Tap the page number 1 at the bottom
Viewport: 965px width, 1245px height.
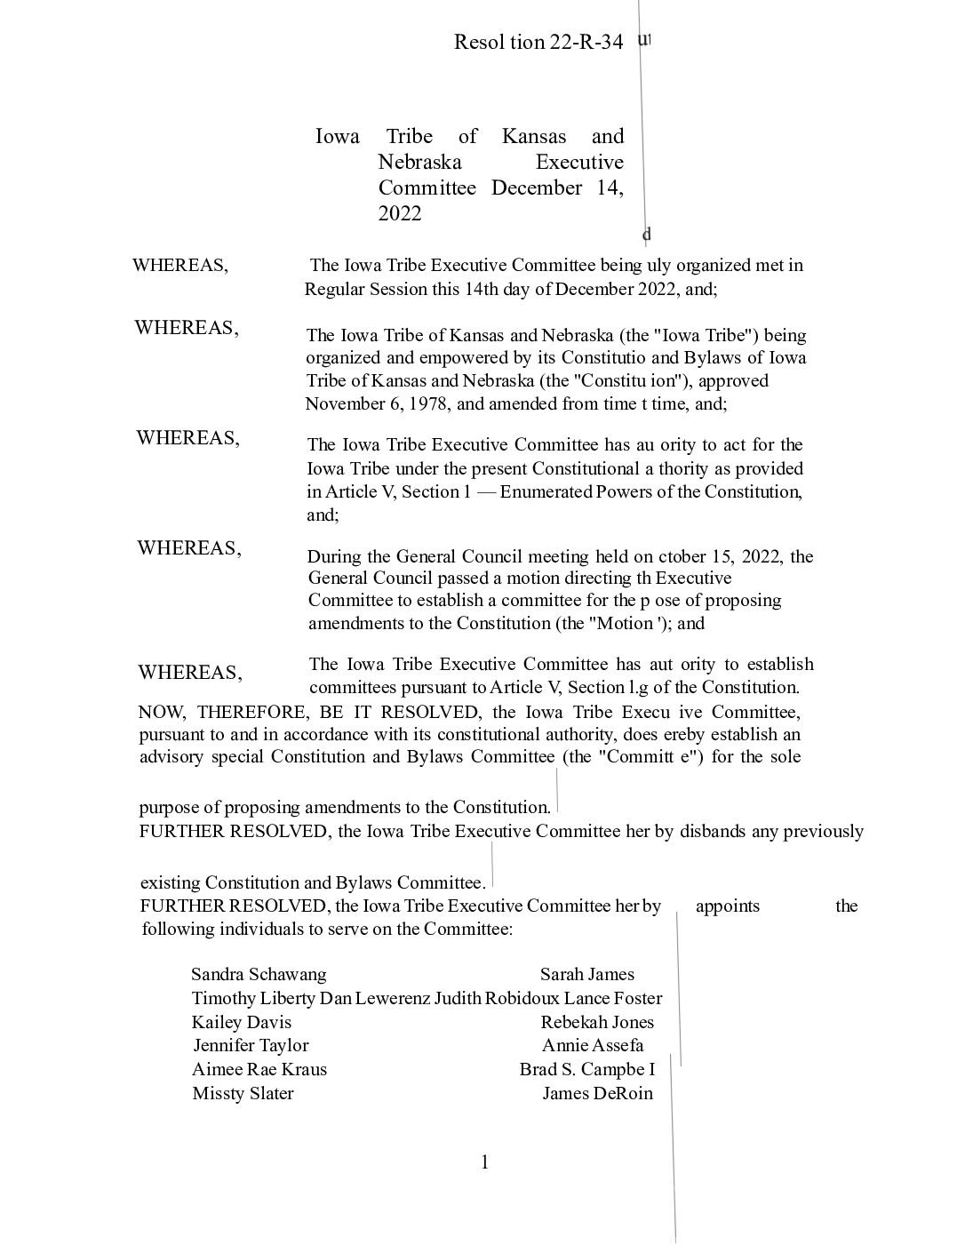click(x=484, y=1161)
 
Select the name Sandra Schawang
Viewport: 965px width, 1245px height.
click(x=259, y=974)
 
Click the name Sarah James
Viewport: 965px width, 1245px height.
click(x=586, y=974)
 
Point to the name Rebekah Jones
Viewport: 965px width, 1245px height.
click(x=596, y=1022)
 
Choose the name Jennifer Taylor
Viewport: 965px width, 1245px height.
click(x=251, y=1045)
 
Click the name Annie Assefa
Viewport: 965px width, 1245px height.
click(x=593, y=1045)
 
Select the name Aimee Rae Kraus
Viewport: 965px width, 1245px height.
click(x=259, y=1069)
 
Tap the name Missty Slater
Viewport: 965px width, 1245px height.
click(x=243, y=1093)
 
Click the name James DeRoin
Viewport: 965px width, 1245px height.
click(x=597, y=1093)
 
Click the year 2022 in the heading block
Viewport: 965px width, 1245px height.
click(x=399, y=213)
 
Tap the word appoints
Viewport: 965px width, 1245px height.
click(x=727, y=906)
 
